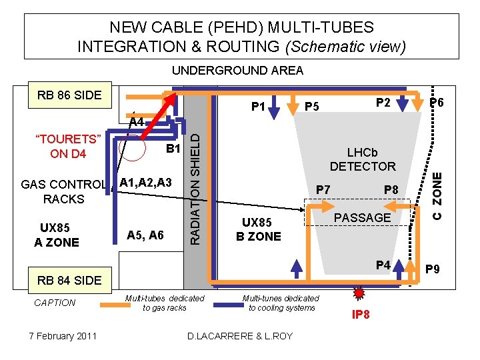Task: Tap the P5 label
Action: click(312, 107)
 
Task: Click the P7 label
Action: click(323, 190)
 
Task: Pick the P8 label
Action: click(391, 190)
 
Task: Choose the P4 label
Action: click(383, 265)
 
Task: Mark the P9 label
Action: click(432, 269)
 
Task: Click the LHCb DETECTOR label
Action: click(363, 159)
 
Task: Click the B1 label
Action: click(174, 148)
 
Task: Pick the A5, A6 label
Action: click(145, 235)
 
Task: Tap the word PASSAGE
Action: click(362, 217)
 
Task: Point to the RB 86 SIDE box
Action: click(69, 95)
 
